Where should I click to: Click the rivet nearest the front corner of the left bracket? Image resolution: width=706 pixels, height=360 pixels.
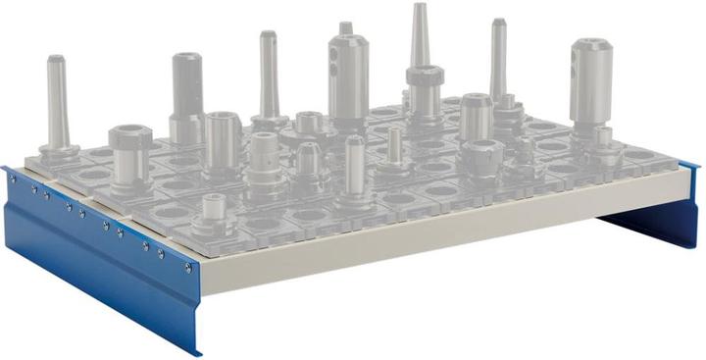[187, 265]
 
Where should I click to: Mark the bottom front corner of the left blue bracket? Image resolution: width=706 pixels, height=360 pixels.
[197, 351]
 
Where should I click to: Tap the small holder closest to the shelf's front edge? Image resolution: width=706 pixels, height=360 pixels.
[211, 208]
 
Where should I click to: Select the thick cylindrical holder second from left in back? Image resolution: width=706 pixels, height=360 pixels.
[186, 88]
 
